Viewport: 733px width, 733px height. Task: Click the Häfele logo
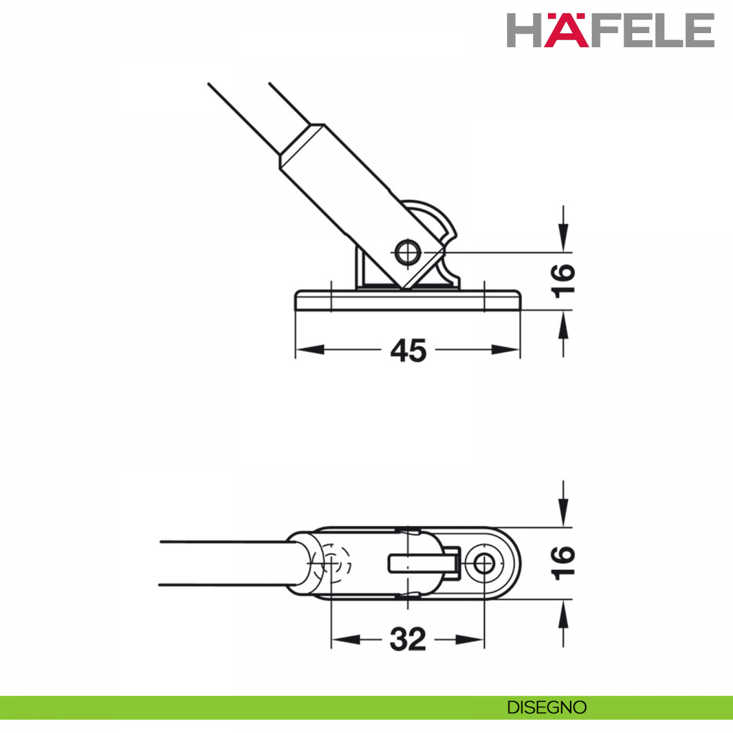point(610,30)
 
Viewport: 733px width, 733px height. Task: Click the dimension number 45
point(408,351)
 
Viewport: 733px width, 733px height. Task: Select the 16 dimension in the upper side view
point(564,282)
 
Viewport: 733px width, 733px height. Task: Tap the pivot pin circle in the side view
point(408,252)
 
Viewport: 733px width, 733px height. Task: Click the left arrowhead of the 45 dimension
point(310,350)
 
